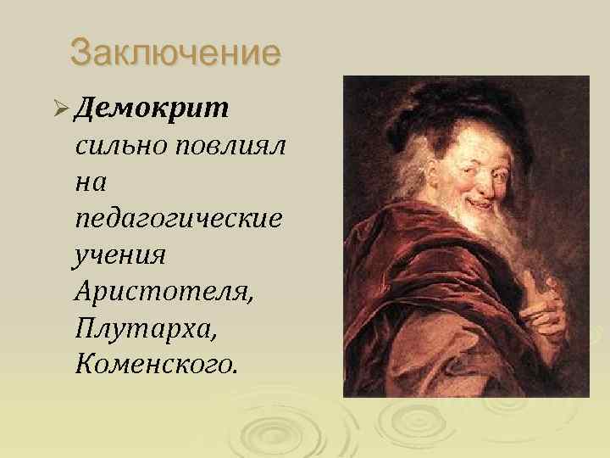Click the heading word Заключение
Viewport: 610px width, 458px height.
[175, 53]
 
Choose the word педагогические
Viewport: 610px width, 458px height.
[178, 219]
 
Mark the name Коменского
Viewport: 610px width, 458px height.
[158, 363]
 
